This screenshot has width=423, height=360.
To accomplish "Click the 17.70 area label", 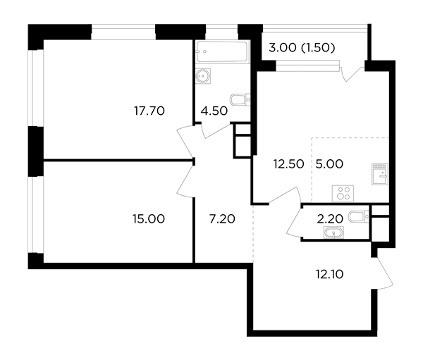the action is pyautogui.click(x=149, y=111).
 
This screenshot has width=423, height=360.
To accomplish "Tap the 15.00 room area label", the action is pyautogui.click(x=149, y=218).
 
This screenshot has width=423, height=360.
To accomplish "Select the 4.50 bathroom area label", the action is pyautogui.click(x=214, y=111).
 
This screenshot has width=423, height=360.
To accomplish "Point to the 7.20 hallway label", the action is pyautogui.click(x=222, y=218).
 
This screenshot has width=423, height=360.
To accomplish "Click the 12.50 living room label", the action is pyautogui.click(x=288, y=164).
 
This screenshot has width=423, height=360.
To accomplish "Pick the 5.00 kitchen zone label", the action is pyautogui.click(x=329, y=164).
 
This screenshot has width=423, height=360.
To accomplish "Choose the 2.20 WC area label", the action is pyautogui.click(x=330, y=219).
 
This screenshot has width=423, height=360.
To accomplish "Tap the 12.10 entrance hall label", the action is pyautogui.click(x=330, y=275).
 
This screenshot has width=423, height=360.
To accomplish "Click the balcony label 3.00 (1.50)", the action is pyautogui.click(x=302, y=48).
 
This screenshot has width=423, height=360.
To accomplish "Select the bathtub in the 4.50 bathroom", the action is pyautogui.click(x=222, y=51).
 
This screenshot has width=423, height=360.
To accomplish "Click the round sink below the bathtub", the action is pyautogui.click(x=203, y=76).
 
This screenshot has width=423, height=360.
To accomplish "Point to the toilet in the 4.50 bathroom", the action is pyautogui.click(x=240, y=99).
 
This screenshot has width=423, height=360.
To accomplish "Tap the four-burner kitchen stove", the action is pyautogui.click(x=343, y=193).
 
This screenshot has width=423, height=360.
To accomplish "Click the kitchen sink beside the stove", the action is pyautogui.click(x=380, y=174).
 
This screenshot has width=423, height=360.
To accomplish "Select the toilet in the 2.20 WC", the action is pyautogui.click(x=359, y=217).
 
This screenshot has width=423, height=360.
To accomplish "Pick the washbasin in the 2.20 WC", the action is pyautogui.click(x=334, y=232).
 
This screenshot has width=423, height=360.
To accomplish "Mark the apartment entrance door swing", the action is pyautogui.click(x=383, y=273).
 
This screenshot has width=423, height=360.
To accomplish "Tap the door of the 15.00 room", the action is pyautogui.click(x=185, y=179).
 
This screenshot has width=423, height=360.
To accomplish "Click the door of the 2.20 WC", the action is pyautogui.click(x=294, y=223).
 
